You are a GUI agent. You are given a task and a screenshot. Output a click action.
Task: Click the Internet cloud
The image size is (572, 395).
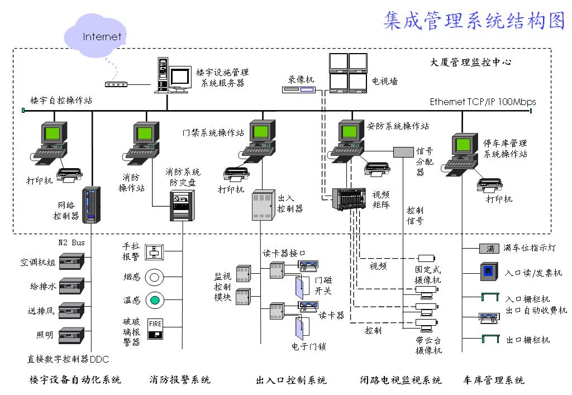[x=95, y=36]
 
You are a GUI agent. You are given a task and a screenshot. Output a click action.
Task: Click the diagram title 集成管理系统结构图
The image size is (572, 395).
[x=474, y=20]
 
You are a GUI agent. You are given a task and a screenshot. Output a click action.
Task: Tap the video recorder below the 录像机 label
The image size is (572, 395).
[x=299, y=89]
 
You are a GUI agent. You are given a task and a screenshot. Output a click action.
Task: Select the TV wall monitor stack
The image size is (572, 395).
[x=348, y=73]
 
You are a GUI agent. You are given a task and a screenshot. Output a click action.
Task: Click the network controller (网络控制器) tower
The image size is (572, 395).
[x=91, y=205]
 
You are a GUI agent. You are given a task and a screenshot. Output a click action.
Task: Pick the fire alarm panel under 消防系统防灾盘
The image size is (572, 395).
[x=182, y=206]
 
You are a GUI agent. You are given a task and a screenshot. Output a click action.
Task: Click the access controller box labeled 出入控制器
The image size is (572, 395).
[x=264, y=204]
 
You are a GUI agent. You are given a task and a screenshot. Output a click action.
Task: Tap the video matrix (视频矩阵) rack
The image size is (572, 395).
[x=349, y=199]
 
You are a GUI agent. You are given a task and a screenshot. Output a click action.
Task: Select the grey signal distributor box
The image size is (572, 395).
[x=403, y=152]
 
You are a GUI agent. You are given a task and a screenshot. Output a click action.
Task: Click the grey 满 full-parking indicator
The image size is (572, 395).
[x=489, y=249]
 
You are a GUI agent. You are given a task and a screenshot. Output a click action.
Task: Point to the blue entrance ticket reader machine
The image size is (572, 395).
[x=489, y=272]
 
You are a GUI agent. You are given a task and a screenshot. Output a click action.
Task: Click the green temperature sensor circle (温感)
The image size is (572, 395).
[x=155, y=300]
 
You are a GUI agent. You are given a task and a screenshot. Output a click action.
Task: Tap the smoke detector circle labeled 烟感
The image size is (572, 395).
[x=154, y=278]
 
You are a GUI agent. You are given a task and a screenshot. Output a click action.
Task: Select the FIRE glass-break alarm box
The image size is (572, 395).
[x=155, y=329]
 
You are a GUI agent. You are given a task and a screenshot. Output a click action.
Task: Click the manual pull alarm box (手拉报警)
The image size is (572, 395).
[x=154, y=252]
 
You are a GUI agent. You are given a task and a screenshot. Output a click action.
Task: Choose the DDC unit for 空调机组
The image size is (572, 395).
[x=71, y=261]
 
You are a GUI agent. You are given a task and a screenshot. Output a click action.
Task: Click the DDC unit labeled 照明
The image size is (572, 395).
[x=71, y=336]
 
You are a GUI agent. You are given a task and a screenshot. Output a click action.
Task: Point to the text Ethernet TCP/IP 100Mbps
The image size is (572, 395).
[x=483, y=102]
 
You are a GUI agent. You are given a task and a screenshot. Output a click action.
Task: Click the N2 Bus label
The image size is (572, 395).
[x=71, y=242]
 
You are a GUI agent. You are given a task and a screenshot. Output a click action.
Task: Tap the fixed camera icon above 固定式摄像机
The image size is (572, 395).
[x=426, y=258]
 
